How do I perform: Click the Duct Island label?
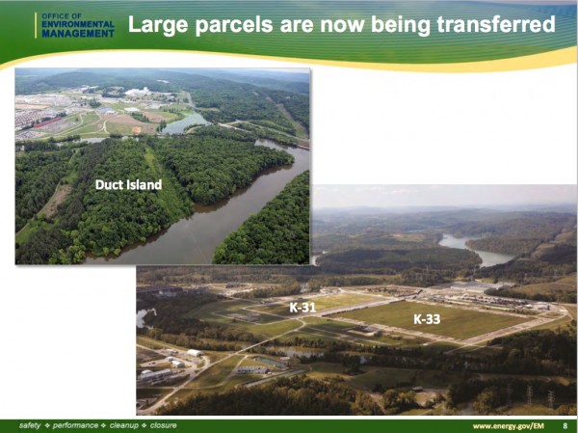click(128, 184)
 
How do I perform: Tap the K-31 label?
click(302, 307)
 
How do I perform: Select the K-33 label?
click(427, 318)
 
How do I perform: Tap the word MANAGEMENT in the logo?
click(78, 34)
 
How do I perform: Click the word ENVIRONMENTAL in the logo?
click(78, 24)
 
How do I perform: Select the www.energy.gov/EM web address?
click(509, 426)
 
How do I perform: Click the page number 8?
click(565, 426)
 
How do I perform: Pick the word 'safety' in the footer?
click(30, 425)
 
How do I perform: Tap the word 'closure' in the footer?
click(164, 425)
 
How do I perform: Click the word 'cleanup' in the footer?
click(123, 425)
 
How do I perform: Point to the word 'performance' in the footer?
click(75, 425)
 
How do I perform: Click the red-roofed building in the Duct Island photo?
click(47, 122)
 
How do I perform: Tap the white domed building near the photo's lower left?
click(195, 353)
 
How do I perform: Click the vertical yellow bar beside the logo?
click(36, 25)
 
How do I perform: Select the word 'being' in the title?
click(401, 25)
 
